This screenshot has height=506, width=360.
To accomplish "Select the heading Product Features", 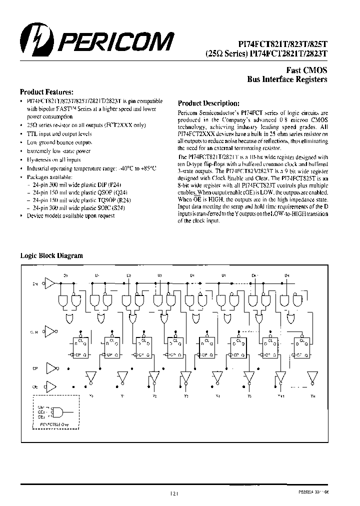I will (x=46, y=92).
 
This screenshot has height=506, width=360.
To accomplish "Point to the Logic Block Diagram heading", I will (x=51, y=255).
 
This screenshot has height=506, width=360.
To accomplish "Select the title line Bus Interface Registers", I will (x=287, y=79).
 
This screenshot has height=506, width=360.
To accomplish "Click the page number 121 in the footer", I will (x=174, y=493).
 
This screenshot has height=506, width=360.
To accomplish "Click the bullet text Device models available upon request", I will (x=70, y=215).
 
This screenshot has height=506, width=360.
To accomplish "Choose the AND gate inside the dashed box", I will (x=58, y=412).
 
